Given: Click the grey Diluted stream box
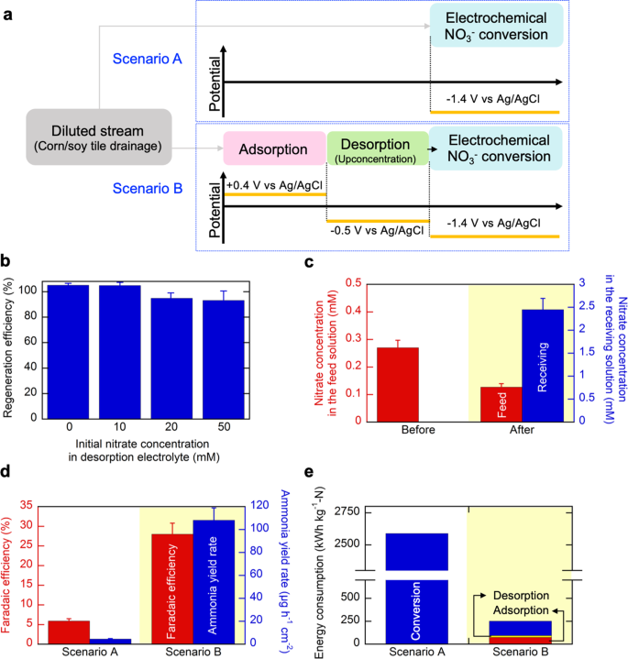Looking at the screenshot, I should [x=99, y=138].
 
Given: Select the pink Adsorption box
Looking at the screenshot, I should [x=273, y=148].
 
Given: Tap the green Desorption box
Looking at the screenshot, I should [x=377, y=148].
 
